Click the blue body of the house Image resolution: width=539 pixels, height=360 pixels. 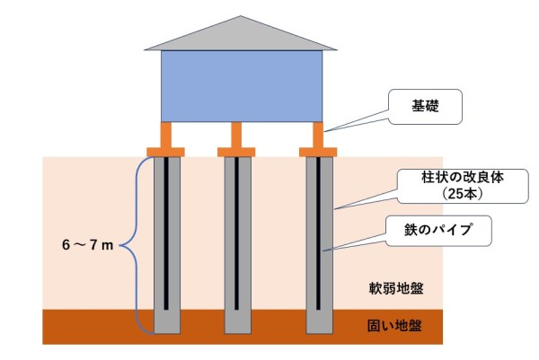(240, 85)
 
